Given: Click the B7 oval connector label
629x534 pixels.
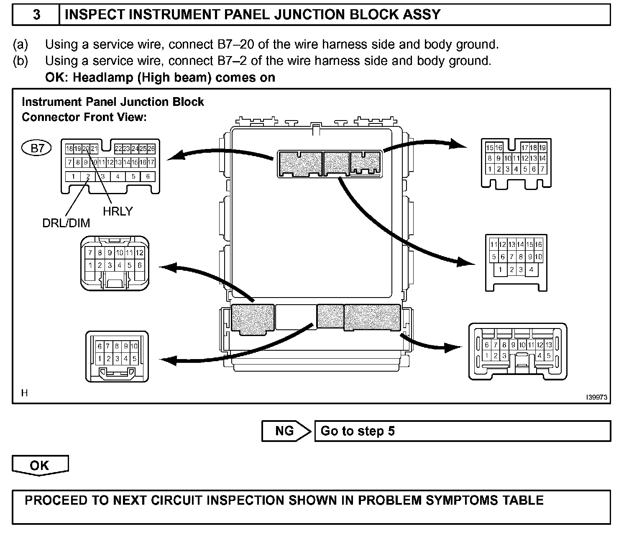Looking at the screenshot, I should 37,148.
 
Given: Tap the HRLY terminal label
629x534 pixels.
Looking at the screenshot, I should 118,211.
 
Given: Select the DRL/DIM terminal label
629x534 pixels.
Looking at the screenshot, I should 66,223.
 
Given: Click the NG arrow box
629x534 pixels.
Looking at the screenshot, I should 286,431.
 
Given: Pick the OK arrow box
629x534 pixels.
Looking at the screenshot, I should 40,465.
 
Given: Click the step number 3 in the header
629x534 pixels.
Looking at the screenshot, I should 37,15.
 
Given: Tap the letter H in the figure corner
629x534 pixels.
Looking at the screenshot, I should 25,393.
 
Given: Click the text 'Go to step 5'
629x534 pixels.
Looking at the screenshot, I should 358,431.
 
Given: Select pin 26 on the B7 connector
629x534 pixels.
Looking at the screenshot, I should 151,149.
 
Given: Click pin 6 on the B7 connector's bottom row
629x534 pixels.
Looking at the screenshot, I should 148,176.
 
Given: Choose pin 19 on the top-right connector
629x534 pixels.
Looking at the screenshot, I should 542,148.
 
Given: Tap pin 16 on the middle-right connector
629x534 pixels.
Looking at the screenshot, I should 538,245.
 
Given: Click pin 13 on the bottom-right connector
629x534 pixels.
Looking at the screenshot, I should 549,345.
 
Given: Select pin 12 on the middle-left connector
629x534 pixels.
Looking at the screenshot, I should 140,253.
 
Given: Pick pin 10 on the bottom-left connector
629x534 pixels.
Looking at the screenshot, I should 134,347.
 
